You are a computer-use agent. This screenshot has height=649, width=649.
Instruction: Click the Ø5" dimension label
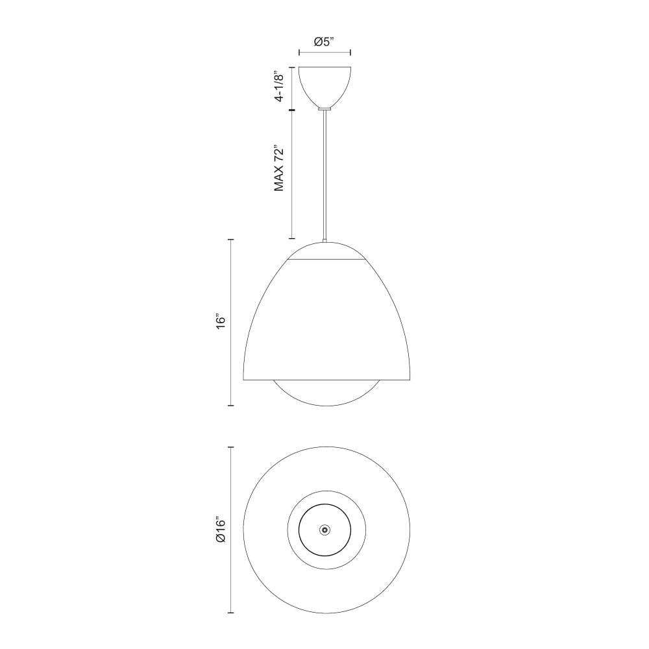pyautogui.click(x=324, y=42)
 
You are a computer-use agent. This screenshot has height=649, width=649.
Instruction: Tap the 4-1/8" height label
pyautogui.click(x=280, y=87)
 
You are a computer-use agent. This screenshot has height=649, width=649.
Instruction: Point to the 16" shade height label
pyautogui.click(x=221, y=322)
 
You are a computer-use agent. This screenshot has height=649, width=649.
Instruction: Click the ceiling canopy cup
pyautogui.click(x=325, y=86)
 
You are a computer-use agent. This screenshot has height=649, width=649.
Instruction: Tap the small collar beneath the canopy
pyautogui.click(x=325, y=108)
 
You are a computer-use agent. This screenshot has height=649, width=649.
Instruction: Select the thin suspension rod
pyautogui.click(x=325, y=175)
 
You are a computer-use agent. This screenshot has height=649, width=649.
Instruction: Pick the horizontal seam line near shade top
pyautogui.click(x=326, y=260)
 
